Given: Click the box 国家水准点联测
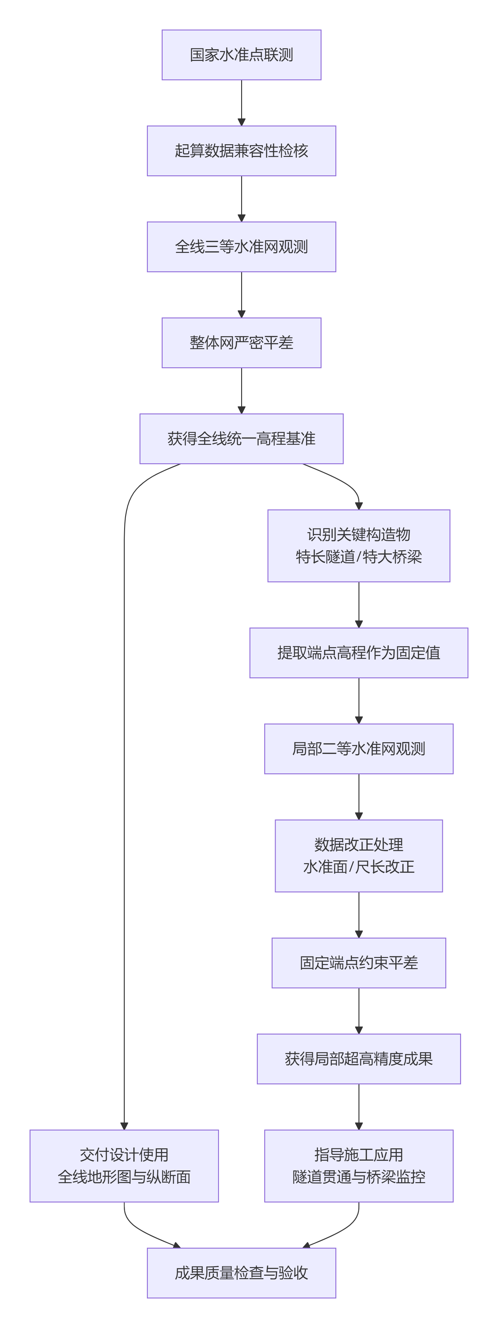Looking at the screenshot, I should [x=241, y=55].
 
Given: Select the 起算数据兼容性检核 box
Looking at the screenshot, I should [x=241, y=150].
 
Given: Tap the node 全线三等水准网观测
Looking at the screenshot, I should [x=241, y=246].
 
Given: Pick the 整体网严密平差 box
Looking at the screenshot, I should [x=241, y=342].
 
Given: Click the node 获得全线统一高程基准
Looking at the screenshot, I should [x=241, y=438].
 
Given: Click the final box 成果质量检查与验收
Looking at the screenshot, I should [x=241, y=1272].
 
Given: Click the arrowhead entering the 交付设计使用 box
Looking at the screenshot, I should [x=124, y=1126].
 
